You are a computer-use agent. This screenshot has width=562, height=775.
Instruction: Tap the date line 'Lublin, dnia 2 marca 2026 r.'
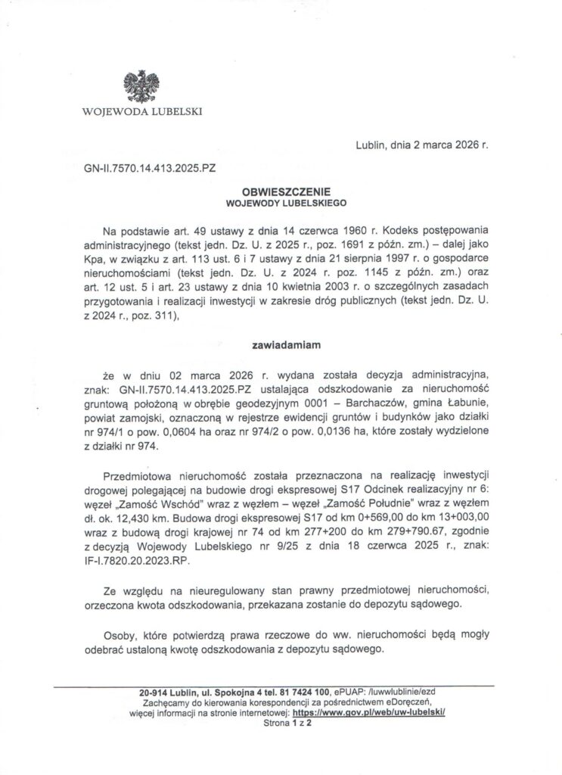420,145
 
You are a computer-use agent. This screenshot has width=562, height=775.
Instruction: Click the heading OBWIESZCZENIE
281,193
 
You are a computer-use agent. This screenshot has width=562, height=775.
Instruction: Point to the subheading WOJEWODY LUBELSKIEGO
281,204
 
